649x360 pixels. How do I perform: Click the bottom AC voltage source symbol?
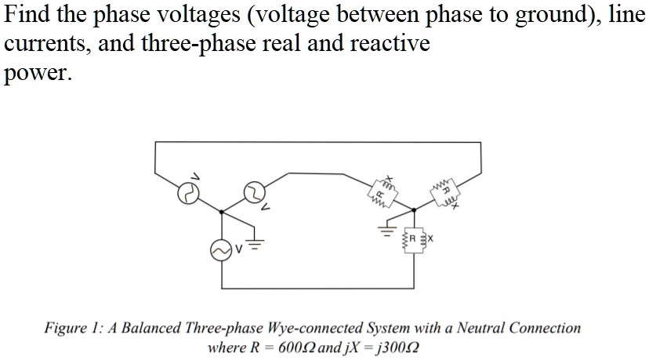point(219,249)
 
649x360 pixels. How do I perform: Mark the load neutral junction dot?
point(414,210)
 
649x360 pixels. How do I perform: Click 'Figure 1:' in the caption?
point(71,328)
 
